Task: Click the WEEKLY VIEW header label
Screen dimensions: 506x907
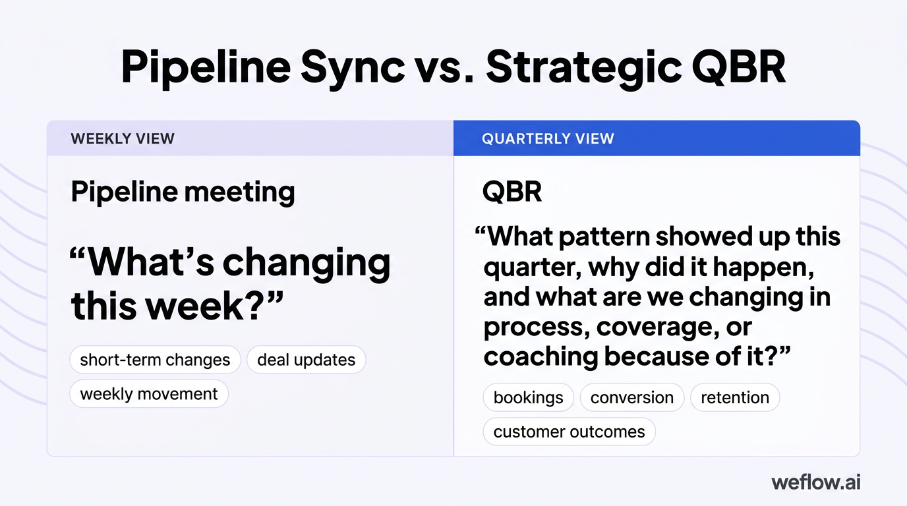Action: coord(123,138)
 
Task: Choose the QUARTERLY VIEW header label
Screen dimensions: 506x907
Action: coord(548,138)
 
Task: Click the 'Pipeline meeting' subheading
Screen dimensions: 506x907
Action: coord(183,192)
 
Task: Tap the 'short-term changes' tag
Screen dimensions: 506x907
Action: coord(155,360)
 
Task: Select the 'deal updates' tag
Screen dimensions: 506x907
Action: coord(306,360)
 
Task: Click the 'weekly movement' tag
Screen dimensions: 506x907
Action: coord(149,394)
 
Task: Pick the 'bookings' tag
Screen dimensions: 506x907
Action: coord(528,398)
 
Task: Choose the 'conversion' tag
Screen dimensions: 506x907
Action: coord(631,398)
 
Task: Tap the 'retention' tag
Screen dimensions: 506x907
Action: coord(734,398)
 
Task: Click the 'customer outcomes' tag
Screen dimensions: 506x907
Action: coord(569,432)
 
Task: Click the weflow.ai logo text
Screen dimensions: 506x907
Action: coord(815,482)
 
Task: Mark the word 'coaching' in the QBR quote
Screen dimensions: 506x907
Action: coord(541,356)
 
